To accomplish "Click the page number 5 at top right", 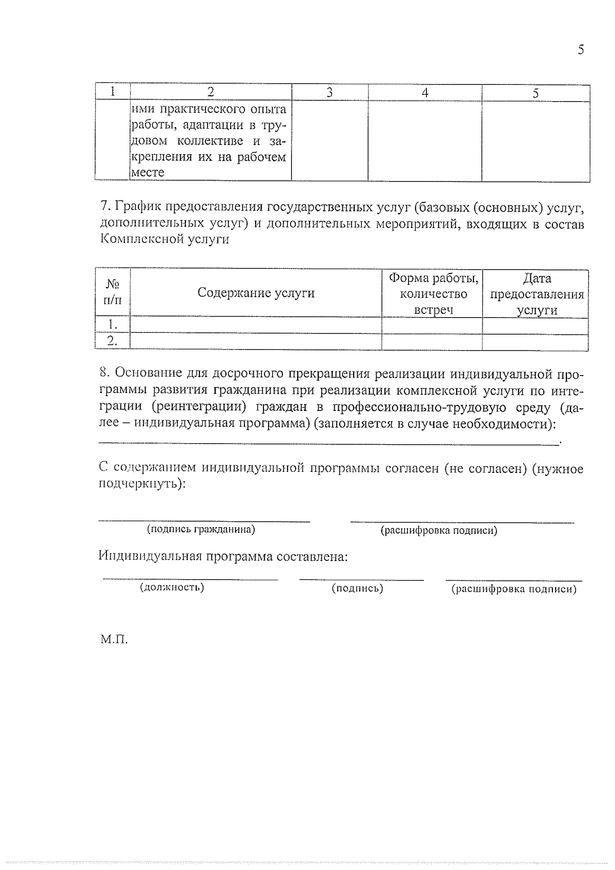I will click(580, 50).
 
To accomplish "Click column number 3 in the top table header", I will click(330, 92).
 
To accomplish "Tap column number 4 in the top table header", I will click(424, 93).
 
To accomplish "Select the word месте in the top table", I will click(148, 173).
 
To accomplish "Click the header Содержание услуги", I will click(256, 293).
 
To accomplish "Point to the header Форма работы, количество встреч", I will click(433, 294).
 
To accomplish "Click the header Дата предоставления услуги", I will click(537, 294).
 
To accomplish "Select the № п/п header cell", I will click(112, 292).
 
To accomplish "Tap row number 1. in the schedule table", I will click(112, 324).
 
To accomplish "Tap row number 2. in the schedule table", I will click(112, 341).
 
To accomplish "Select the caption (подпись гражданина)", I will click(201, 529).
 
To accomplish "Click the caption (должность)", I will click(172, 587).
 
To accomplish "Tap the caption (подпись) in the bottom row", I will click(358, 588).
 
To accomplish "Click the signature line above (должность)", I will click(190, 579).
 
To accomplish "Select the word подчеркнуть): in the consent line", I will click(142, 484).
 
